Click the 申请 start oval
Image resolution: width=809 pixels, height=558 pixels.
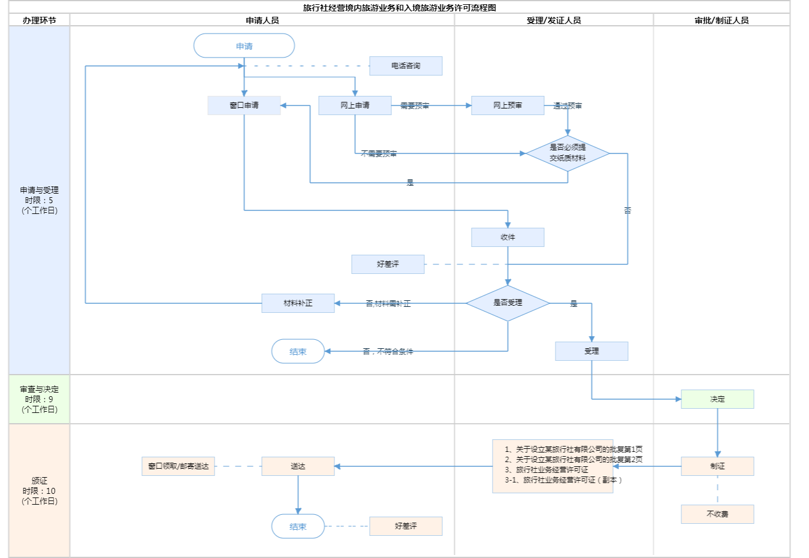click(244, 46)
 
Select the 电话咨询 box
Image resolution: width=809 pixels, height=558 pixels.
click(406, 66)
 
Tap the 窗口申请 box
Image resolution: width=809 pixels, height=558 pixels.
click(244, 105)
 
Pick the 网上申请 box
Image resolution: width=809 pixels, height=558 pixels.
click(355, 105)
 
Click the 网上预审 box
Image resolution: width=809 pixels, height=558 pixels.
click(508, 105)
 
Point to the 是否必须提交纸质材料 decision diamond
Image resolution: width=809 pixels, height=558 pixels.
click(567, 153)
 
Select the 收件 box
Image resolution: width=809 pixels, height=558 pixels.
click(508, 237)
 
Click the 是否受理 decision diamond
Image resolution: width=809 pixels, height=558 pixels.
click(508, 303)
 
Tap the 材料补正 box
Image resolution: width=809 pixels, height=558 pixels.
click(298, 303)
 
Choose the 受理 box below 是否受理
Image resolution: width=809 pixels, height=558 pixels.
click(591, 351)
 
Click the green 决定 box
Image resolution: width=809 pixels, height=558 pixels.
click(717, 399)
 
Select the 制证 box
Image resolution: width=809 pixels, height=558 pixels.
click(717, 466)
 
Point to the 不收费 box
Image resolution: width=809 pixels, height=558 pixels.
click(717, 514)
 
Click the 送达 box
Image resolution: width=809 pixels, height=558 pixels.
click(298, 466)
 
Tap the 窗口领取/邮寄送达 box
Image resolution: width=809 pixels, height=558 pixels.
click(178, 466)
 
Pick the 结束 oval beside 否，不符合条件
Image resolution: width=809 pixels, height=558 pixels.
click(298, 352)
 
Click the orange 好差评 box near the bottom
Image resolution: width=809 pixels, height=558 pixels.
click(406, 526)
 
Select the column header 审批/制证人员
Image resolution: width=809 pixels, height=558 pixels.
click(722, 20)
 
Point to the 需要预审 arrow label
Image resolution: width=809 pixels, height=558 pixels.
click(415, 106)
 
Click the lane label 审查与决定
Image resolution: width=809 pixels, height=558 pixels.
click(40, 390)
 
